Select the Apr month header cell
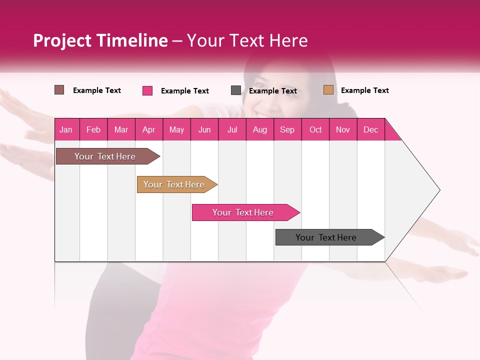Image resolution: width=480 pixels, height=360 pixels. (x=149, y=129)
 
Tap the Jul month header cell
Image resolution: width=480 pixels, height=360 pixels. (x=232, y=129)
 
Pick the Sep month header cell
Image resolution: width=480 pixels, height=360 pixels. (x=287, y=129)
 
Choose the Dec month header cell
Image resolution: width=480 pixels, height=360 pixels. (x=371, y=129)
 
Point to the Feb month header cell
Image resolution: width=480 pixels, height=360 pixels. (x=93, y=129)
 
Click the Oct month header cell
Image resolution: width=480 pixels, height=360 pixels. (x=315, y=129)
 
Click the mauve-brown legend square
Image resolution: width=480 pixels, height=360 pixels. (x=59, y=90)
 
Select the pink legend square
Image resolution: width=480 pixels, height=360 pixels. (x=147, y=90)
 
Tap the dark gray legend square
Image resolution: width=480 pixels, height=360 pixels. (x=236, y=90)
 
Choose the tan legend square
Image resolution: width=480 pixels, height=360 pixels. (x=328, y=90)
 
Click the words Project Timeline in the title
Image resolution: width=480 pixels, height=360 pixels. (x=100, y=40)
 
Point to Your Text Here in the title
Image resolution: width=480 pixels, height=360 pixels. (x=247, y=40)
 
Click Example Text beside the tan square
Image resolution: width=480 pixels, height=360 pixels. (x=364, y=90)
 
